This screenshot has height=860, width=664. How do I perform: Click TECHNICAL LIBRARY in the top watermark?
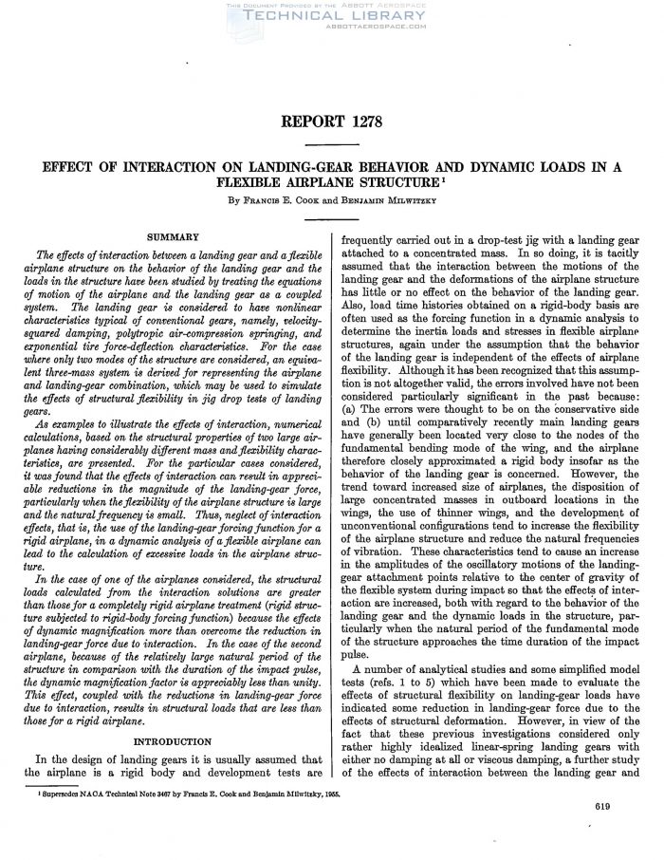334,17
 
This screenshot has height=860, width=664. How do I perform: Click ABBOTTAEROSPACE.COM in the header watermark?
334,28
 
